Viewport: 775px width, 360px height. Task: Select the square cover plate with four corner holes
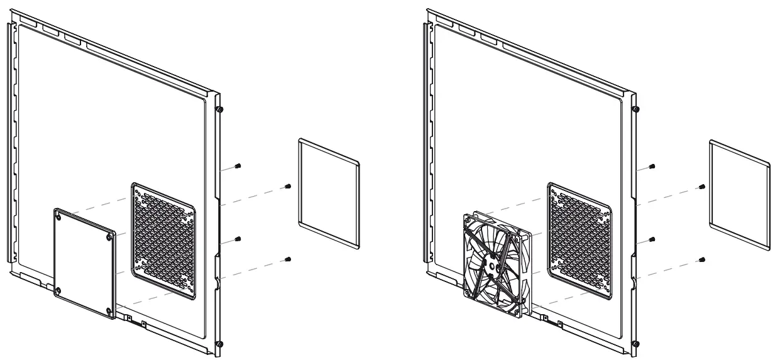pos(85,263)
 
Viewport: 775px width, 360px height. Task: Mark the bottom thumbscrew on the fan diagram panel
pos(635,344)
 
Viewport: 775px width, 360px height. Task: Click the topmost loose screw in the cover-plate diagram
pos(238,166)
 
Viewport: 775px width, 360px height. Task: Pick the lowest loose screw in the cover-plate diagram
pos(287,258)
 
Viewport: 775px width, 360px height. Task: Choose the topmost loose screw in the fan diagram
pos(653,166)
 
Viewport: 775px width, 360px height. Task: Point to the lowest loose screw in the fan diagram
pos(702,258)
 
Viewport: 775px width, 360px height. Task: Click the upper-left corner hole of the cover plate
pos(59,214)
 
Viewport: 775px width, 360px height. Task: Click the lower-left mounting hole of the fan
pos(468,291)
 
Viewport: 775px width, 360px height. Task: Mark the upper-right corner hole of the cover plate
pos(111,237)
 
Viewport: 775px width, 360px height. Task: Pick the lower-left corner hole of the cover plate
pos(58,290)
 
